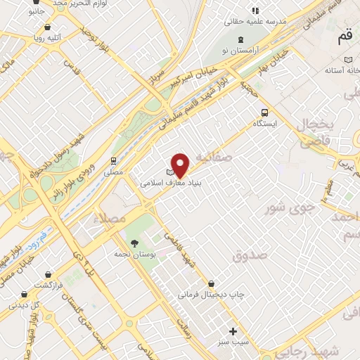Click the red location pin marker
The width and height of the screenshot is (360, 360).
coord(181,165)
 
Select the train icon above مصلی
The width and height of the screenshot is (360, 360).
coord(114,160)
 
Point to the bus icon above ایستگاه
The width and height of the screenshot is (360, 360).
coord(264,112)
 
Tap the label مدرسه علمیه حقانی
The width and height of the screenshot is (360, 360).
coord(256,22)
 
